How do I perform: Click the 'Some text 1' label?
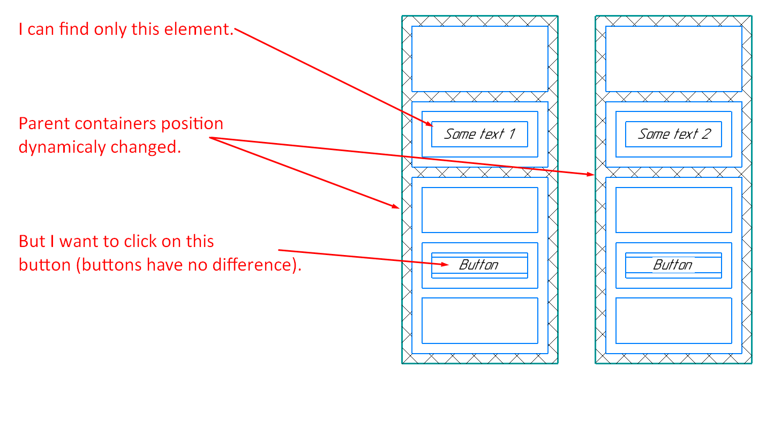(479, 134)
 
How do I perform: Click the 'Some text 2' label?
(673, 134)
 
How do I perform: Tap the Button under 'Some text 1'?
(479, 265)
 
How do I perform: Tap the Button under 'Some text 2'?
(673, 265)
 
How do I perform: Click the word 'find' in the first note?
(74, 29)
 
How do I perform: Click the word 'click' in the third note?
(138, 242)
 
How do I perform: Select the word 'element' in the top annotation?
(203, 29)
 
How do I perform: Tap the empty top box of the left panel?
(479, 59)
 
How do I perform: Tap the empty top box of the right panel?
(673, 59)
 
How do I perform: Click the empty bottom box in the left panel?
(479, 320)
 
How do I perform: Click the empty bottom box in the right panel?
(673, 320)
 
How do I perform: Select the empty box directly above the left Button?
(479, 210)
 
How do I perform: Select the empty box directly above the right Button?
(673, 210)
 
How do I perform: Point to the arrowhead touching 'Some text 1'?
(430, 125)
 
